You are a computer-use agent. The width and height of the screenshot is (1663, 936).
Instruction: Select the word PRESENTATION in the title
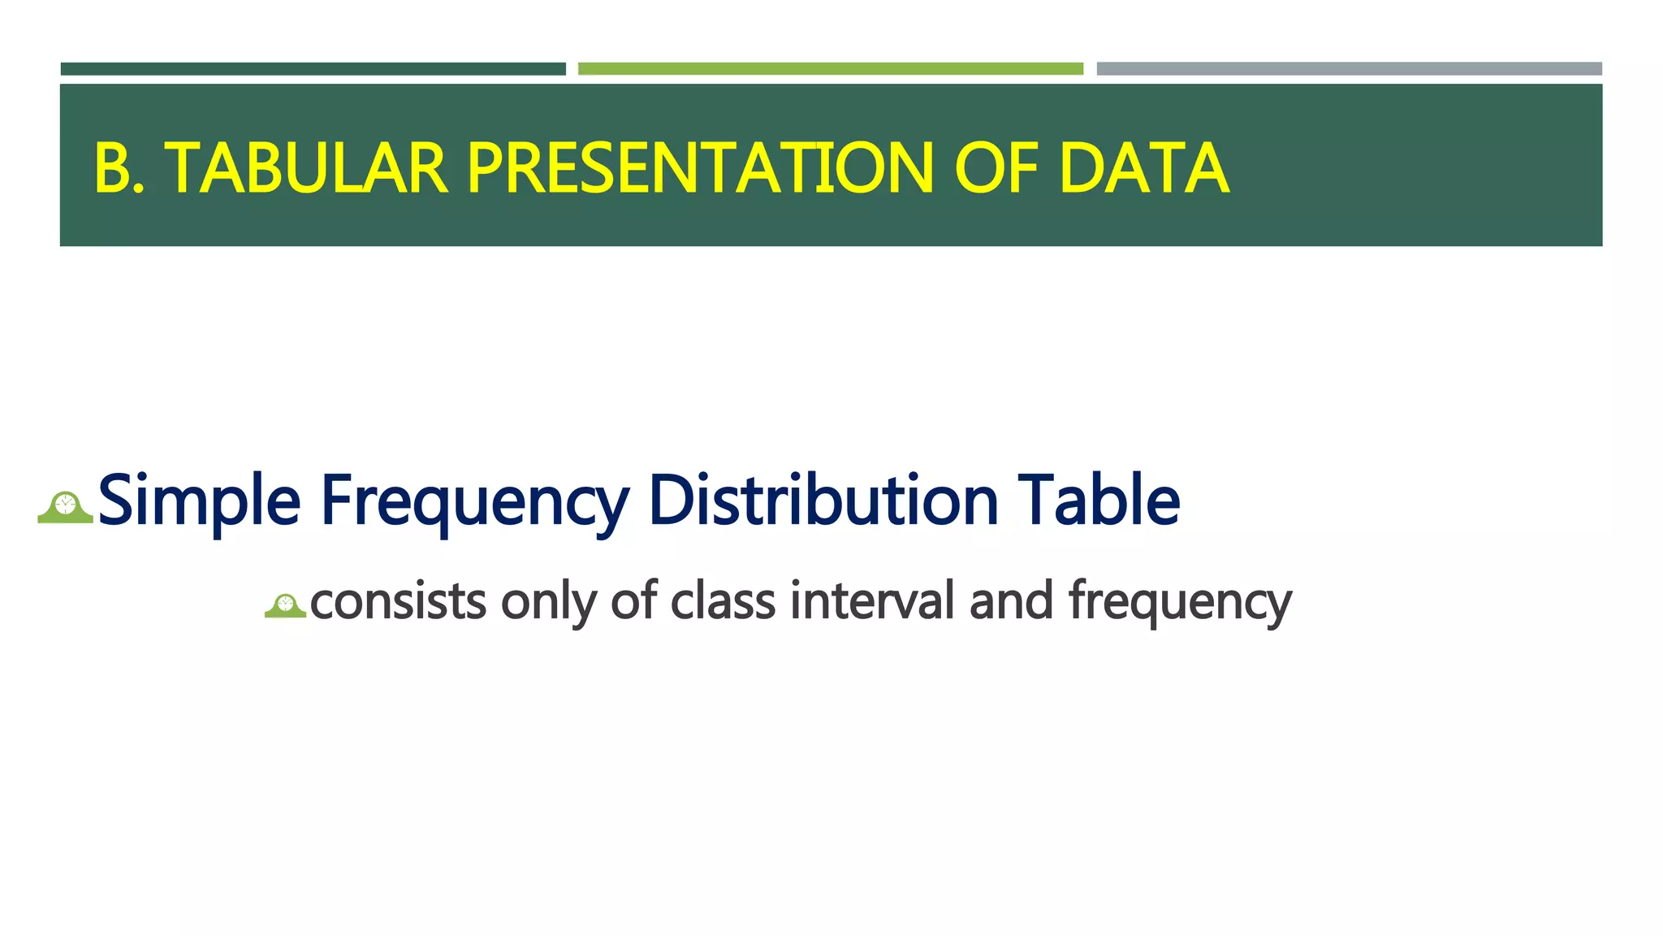701,168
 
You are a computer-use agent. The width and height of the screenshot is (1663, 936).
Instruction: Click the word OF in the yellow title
997,168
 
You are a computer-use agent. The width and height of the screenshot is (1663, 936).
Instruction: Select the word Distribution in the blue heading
823,500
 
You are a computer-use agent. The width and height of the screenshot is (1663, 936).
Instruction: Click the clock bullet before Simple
66,507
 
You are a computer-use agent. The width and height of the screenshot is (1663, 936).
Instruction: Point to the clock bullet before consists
285,606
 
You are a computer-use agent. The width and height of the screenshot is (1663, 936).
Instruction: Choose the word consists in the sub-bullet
398,602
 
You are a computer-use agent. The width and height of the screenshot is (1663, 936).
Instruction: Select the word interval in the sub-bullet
873,600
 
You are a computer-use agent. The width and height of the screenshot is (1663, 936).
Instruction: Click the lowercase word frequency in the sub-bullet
1180,604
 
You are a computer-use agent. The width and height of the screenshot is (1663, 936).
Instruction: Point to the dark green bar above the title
313,69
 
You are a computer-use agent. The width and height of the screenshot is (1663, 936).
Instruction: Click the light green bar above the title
831,69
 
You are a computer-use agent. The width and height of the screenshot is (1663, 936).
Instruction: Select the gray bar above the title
1350,69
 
